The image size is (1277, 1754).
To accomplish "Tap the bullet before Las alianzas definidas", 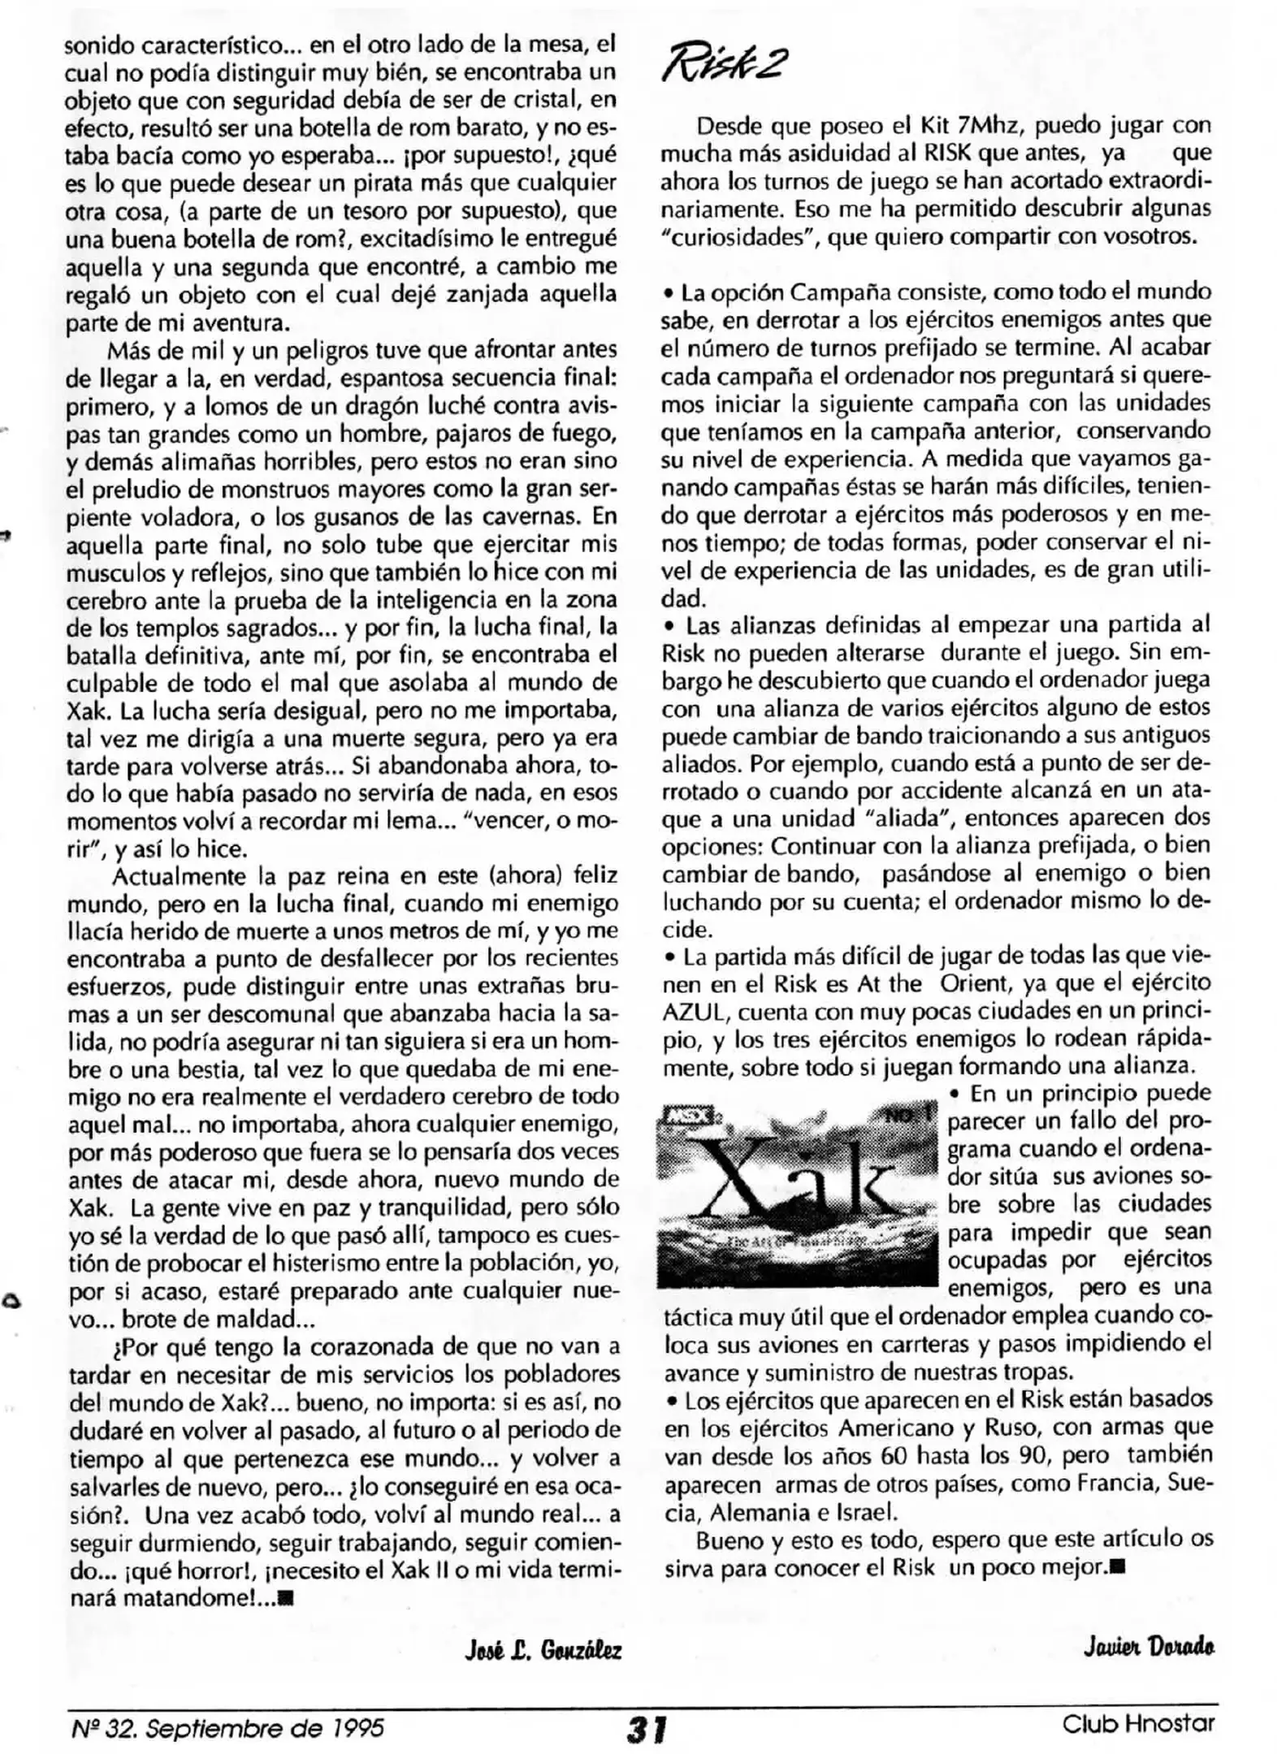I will point(670,626).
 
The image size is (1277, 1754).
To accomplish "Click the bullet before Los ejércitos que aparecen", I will point(671,1402).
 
